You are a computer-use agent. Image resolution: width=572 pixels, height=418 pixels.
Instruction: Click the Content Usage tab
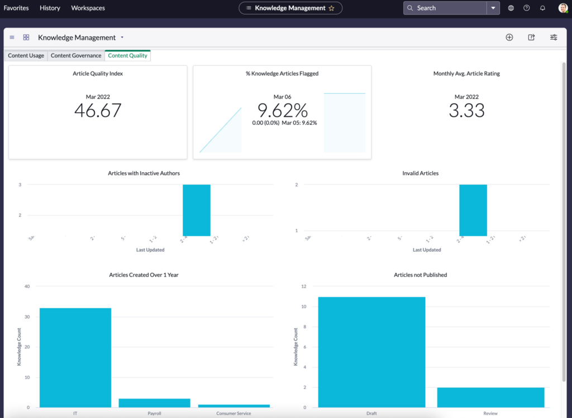[26, 56]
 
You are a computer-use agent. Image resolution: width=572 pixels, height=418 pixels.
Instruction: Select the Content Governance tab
[76, 56]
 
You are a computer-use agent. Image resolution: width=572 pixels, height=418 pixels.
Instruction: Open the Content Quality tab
[127, 56]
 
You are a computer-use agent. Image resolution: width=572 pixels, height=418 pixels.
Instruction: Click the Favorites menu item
[16, 8]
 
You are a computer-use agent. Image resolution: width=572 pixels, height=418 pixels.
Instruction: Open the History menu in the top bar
[50, 8]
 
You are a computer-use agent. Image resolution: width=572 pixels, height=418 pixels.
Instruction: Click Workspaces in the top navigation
[88, 8]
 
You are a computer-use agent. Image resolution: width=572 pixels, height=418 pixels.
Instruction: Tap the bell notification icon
[542, 8]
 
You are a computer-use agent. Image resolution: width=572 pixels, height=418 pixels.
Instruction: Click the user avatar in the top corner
[563, 8]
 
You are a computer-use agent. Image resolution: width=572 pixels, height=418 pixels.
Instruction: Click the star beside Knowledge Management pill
[331, 8]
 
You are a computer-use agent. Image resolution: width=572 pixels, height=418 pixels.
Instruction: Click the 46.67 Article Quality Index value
[98, 111]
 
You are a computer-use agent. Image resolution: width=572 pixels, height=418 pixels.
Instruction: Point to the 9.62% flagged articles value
[282, 111]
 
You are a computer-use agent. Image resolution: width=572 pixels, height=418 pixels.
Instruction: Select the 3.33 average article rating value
[466, 111]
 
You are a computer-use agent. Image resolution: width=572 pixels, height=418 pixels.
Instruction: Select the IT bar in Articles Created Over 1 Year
[75, 358]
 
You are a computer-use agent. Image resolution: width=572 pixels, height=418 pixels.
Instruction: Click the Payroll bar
[155, 402]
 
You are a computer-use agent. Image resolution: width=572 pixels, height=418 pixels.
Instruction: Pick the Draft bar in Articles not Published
[371, 352]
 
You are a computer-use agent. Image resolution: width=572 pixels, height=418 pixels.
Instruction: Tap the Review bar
[490, 397]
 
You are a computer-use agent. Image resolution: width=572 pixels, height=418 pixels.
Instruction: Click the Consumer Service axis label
[234, 414]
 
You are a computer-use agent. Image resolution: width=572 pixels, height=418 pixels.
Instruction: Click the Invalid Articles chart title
[420, 173]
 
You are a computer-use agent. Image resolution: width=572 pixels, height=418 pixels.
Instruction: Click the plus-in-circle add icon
[509, 37]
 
